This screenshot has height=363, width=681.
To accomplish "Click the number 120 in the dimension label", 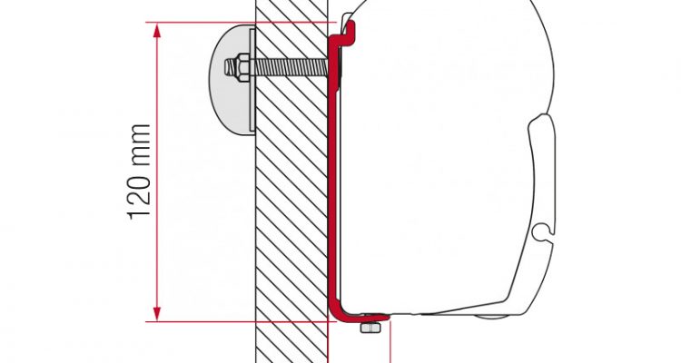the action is (140, 191).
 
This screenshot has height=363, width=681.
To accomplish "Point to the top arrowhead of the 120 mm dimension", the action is (157, 31).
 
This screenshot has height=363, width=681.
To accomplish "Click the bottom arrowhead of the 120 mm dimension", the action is (157, 313).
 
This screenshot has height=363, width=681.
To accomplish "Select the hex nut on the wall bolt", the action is (242, 67).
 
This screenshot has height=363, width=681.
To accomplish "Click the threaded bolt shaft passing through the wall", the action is (289, 67).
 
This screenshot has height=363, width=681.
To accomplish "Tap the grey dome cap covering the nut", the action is (231, 80).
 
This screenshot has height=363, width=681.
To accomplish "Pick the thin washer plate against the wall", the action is (252, 80).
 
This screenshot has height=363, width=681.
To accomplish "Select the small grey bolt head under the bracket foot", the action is (370, 328).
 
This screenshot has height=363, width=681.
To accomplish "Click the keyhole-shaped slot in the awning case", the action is (544, 231).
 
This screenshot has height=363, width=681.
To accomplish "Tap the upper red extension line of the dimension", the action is (241, 22).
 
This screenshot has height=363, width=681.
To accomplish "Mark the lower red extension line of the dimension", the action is (241, 322).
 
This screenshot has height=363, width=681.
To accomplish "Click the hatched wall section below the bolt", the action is (291, 217).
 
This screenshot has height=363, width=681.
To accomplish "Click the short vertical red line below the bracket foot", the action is (390, 343).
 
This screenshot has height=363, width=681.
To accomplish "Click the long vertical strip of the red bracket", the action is (333, 173).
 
